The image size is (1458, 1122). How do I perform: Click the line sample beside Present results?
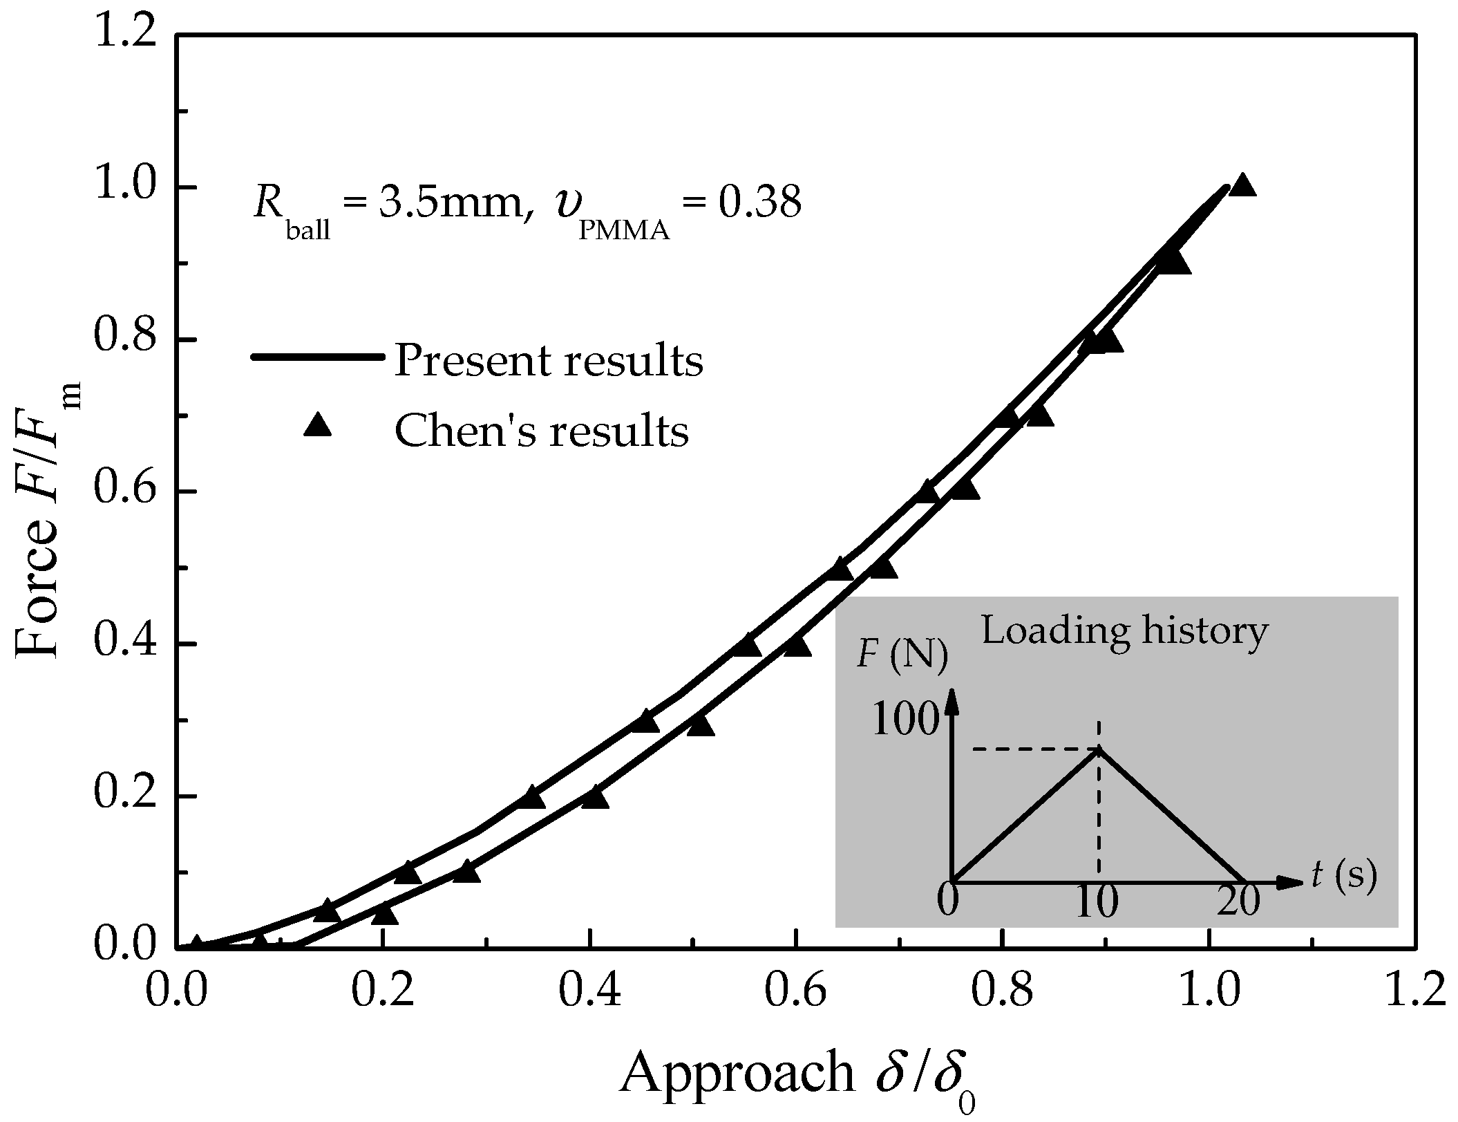tap(317, 357)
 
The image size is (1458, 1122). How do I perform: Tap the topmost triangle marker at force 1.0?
tap(1242, 185)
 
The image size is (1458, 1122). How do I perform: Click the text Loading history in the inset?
tap(1124, 630)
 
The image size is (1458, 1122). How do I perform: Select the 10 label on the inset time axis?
tap(1097, 903)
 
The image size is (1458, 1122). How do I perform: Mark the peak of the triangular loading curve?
tap(1098, 748)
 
